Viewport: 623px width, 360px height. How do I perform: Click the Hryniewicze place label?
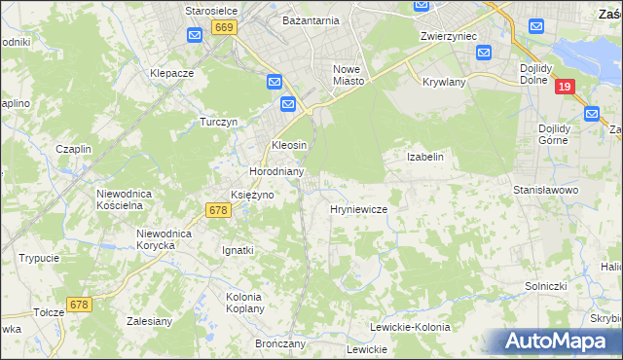[x=359, y=209]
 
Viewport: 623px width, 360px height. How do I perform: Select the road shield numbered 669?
[x=225, y=28]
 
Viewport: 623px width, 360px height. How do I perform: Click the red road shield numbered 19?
[x=564, y=87]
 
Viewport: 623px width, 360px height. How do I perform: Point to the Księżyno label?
[x=251, y=195]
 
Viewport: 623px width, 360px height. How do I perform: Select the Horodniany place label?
[x=277, y=171]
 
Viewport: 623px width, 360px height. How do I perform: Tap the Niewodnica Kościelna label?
[x=125, y=199]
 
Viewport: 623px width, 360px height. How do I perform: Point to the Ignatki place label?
[x=238, y=250]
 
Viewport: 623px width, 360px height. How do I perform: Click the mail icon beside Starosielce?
[x=194, y=36]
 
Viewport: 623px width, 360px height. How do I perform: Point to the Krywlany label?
[x=446, y=83]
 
